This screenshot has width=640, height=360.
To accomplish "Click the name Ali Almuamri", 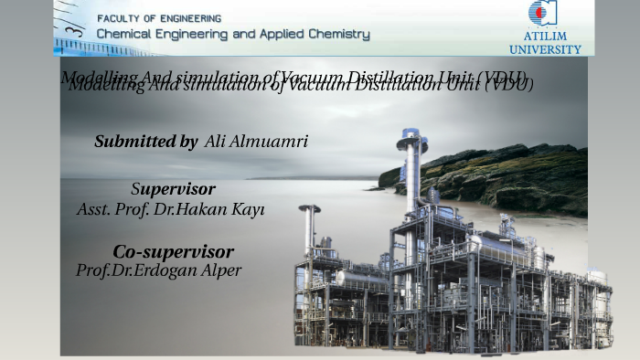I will (x=256, y=142).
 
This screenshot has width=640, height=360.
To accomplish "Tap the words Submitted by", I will (x=145, y=142).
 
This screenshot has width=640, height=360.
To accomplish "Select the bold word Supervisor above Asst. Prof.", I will (x=174, y=189).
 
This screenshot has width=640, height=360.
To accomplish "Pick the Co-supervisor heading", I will (x=173, y=251).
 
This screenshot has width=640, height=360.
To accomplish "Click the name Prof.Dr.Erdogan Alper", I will (x=159, y=270).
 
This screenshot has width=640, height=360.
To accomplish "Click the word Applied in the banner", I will (x=283, y=35).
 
